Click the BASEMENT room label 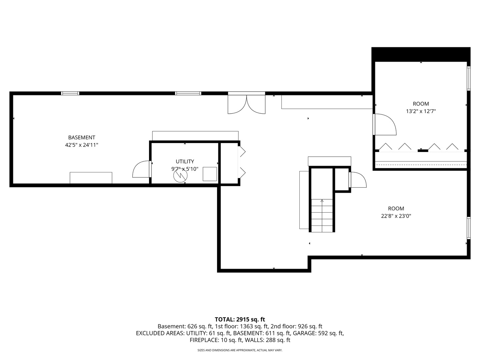coord(82,137)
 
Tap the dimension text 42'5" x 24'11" coord(82,145)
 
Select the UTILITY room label coord(185,161)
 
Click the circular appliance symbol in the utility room coord(180,175)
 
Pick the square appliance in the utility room coord(210,174)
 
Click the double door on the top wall coord(246,104)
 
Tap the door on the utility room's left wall coord(142,169)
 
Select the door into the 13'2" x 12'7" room coord(384,124)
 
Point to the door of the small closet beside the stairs coord(357,180)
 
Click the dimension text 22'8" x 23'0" coord(396,216)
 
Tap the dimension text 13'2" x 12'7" coord(421,111)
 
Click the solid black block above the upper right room coord(421,54)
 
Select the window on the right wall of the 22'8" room coord(468,228)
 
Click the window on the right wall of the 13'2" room coord(468,78)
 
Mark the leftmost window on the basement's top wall coord(70,93)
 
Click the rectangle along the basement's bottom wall coord(91,178)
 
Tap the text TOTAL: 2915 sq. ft coord(240,319)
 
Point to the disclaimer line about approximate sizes coord(240,350)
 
